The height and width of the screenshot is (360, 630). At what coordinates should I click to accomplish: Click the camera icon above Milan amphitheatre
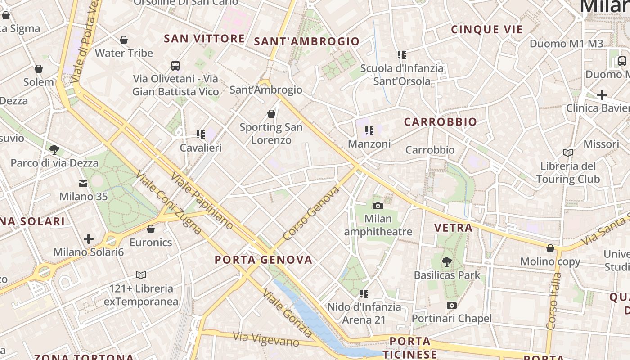[x=378, y=206]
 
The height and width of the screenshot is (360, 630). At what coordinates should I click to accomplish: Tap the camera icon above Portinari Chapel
[x=451, y=305]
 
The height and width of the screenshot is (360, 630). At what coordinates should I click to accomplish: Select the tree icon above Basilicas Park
[x=446, y=261]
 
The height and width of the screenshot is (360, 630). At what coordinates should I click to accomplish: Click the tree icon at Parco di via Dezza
[x=54, y=149]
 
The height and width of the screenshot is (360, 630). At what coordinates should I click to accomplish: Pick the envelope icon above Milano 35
[x=83, y=183]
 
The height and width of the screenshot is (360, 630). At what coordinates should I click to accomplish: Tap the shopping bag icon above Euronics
[x=151, y=229]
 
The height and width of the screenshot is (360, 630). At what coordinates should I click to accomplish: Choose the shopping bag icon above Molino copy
[x=550, y=248]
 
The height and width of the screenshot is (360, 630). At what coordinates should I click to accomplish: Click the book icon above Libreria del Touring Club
[x=568, y=153]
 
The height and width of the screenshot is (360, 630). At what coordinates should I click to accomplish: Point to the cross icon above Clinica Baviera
[x=602, y=95]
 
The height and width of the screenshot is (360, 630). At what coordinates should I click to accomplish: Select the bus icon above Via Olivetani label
[x=175, y=65]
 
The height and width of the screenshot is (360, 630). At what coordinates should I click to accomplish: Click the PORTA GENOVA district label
[x=263, y=260]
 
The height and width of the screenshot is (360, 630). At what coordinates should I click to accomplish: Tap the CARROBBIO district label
[x=440, y=122]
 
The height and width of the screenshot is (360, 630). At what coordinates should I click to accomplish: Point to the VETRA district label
[x=454, y=228]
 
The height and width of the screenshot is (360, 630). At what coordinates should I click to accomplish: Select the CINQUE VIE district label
[x=487, y=30]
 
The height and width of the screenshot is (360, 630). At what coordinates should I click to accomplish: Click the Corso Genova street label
[x=311, y=213]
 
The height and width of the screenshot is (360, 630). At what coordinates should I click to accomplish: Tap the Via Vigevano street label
[x=266, y=339]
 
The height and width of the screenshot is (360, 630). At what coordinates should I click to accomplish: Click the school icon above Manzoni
[x=369, y=130]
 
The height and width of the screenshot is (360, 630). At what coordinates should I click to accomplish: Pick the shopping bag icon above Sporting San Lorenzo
[x=271, y=113]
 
